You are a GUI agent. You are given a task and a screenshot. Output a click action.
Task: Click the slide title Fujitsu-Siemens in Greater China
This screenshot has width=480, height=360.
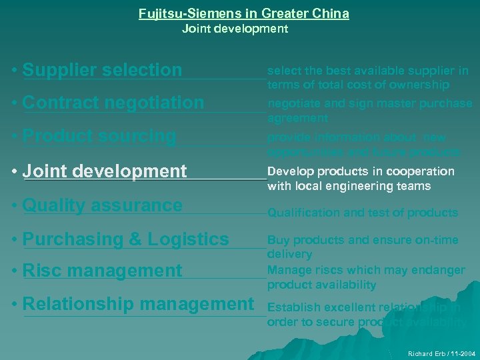[244, 13]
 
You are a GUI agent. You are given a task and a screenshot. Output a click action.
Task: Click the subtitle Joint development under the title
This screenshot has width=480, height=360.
[235, 29]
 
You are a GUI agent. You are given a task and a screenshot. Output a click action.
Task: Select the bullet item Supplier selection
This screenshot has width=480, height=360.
[102, 69]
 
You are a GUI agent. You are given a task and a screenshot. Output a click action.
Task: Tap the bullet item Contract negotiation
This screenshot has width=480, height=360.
[113, 103]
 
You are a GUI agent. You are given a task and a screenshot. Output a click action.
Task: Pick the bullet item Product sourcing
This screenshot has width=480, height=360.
[99, 136]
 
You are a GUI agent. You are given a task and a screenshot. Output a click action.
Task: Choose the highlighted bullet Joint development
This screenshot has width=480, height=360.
[105, 171]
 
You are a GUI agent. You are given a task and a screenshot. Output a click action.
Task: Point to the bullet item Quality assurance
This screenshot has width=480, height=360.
[102, 205]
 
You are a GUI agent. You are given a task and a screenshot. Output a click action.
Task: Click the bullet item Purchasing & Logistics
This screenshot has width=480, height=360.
[125, 239]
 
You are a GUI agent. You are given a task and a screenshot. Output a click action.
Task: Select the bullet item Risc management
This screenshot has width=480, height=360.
[102, 271]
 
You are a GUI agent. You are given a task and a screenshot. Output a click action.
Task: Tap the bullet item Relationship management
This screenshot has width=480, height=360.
[138, 304]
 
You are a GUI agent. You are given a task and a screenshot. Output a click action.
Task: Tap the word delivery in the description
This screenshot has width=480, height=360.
[289, 254]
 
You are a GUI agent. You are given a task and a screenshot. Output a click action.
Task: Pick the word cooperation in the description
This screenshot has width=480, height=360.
[423, 171]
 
